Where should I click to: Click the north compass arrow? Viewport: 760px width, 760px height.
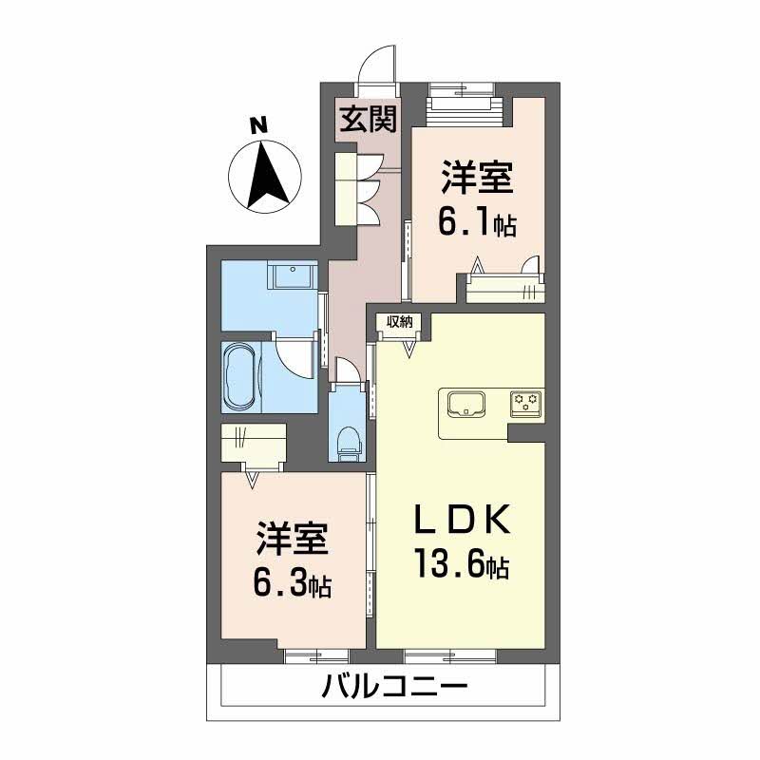coord(267,175)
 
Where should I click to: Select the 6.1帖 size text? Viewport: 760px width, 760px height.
coord(477,224)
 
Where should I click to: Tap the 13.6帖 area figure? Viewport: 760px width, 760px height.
coord(460,567)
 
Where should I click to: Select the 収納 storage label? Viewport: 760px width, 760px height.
coord(399,321)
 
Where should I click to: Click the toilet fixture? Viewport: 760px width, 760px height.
coord(350,439)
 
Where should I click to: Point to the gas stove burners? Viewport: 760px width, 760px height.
coord(525,403)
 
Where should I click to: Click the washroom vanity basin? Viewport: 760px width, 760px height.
coord(295,276)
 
